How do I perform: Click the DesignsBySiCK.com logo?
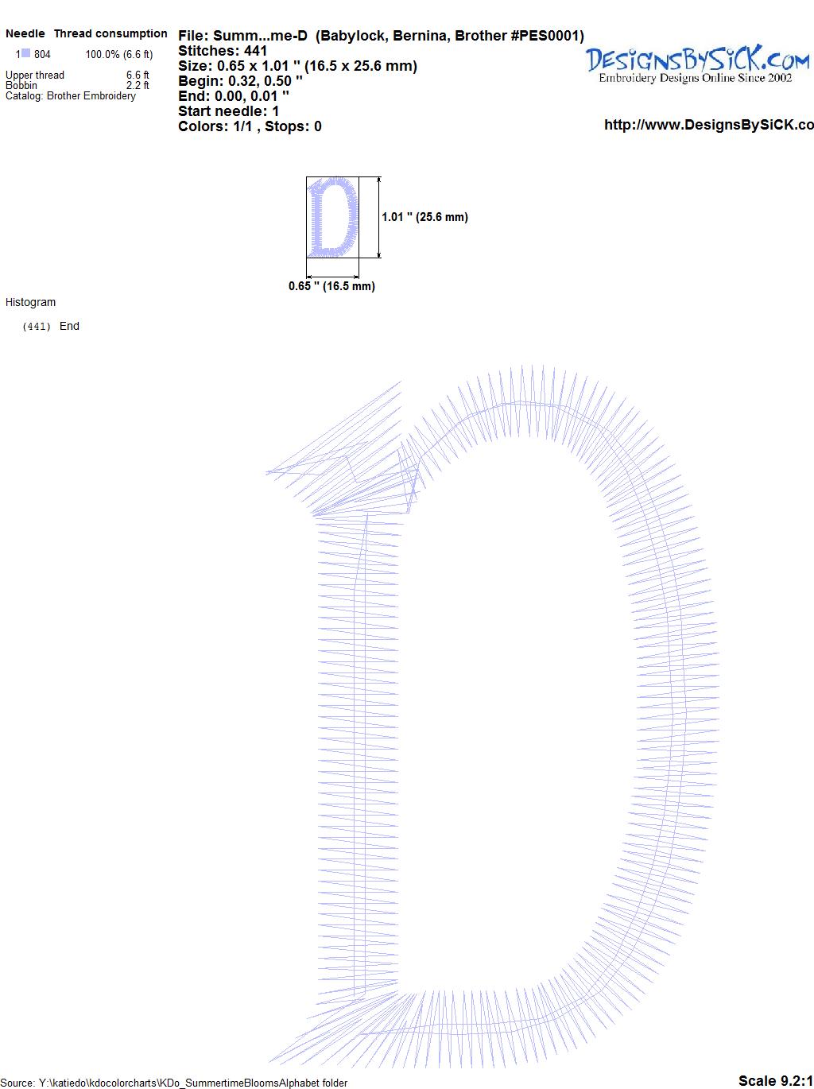pos(697,64)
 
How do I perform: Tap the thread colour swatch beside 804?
pos(26,53)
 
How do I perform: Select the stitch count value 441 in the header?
pos(255,51)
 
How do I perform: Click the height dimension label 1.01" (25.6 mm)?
pos(424,217)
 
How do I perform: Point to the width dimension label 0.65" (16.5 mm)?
pos(331,286)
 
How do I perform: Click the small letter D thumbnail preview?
pos(332,217)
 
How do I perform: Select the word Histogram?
pos(30,302)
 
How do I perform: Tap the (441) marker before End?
pos(37,327)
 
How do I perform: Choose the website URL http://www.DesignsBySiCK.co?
pos(709,125)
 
